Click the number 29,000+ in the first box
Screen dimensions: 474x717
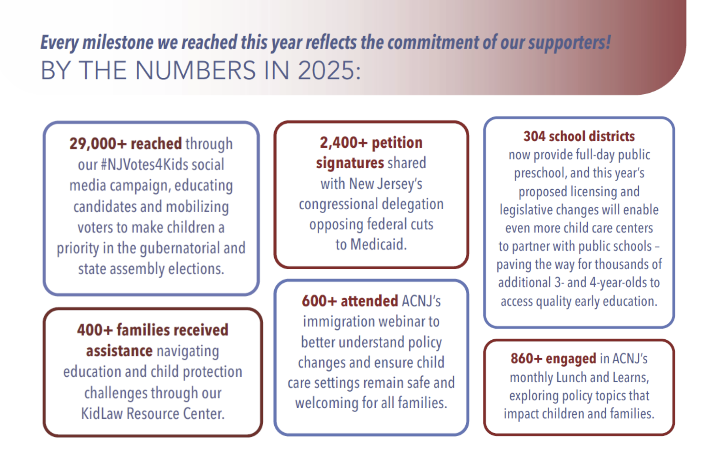click(98, 144)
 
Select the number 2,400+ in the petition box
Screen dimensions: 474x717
click(343, 143)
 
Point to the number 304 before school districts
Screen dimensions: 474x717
click(534, 137)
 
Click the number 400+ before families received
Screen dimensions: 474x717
click(95, 330)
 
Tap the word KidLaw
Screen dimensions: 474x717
click(102, 414)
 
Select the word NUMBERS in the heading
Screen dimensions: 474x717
click(195, 71)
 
